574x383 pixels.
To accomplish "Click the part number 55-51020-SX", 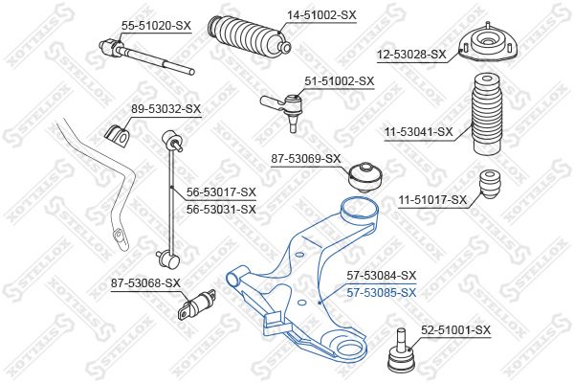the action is [x=156, y=26].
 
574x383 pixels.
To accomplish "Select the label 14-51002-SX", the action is [x=321, y=15].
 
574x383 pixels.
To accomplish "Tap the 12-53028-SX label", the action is [x=412, y=55].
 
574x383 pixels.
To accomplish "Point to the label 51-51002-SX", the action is [x=340, y=81].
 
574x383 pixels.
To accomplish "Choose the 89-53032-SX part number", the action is [x=166, y=109].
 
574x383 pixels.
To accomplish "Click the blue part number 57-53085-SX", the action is [x=382, y=293].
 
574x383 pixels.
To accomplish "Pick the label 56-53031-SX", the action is [x=221, y=210].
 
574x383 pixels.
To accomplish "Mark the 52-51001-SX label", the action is [x=455, y=330].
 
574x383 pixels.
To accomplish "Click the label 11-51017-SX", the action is [x=433, y=200].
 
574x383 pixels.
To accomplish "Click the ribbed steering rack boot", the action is [x=249, y=37].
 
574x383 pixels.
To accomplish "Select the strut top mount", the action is [x=488, y=43].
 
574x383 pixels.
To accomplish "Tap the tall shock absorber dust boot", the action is [x=486, y=114].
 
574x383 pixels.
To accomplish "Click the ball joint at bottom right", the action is [x=401, y=350].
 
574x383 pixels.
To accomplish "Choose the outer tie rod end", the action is [x=281, y=107].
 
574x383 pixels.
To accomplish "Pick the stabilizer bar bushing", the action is [x=117, y=136].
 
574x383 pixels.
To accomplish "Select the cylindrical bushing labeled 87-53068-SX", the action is [x=196, y=304].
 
